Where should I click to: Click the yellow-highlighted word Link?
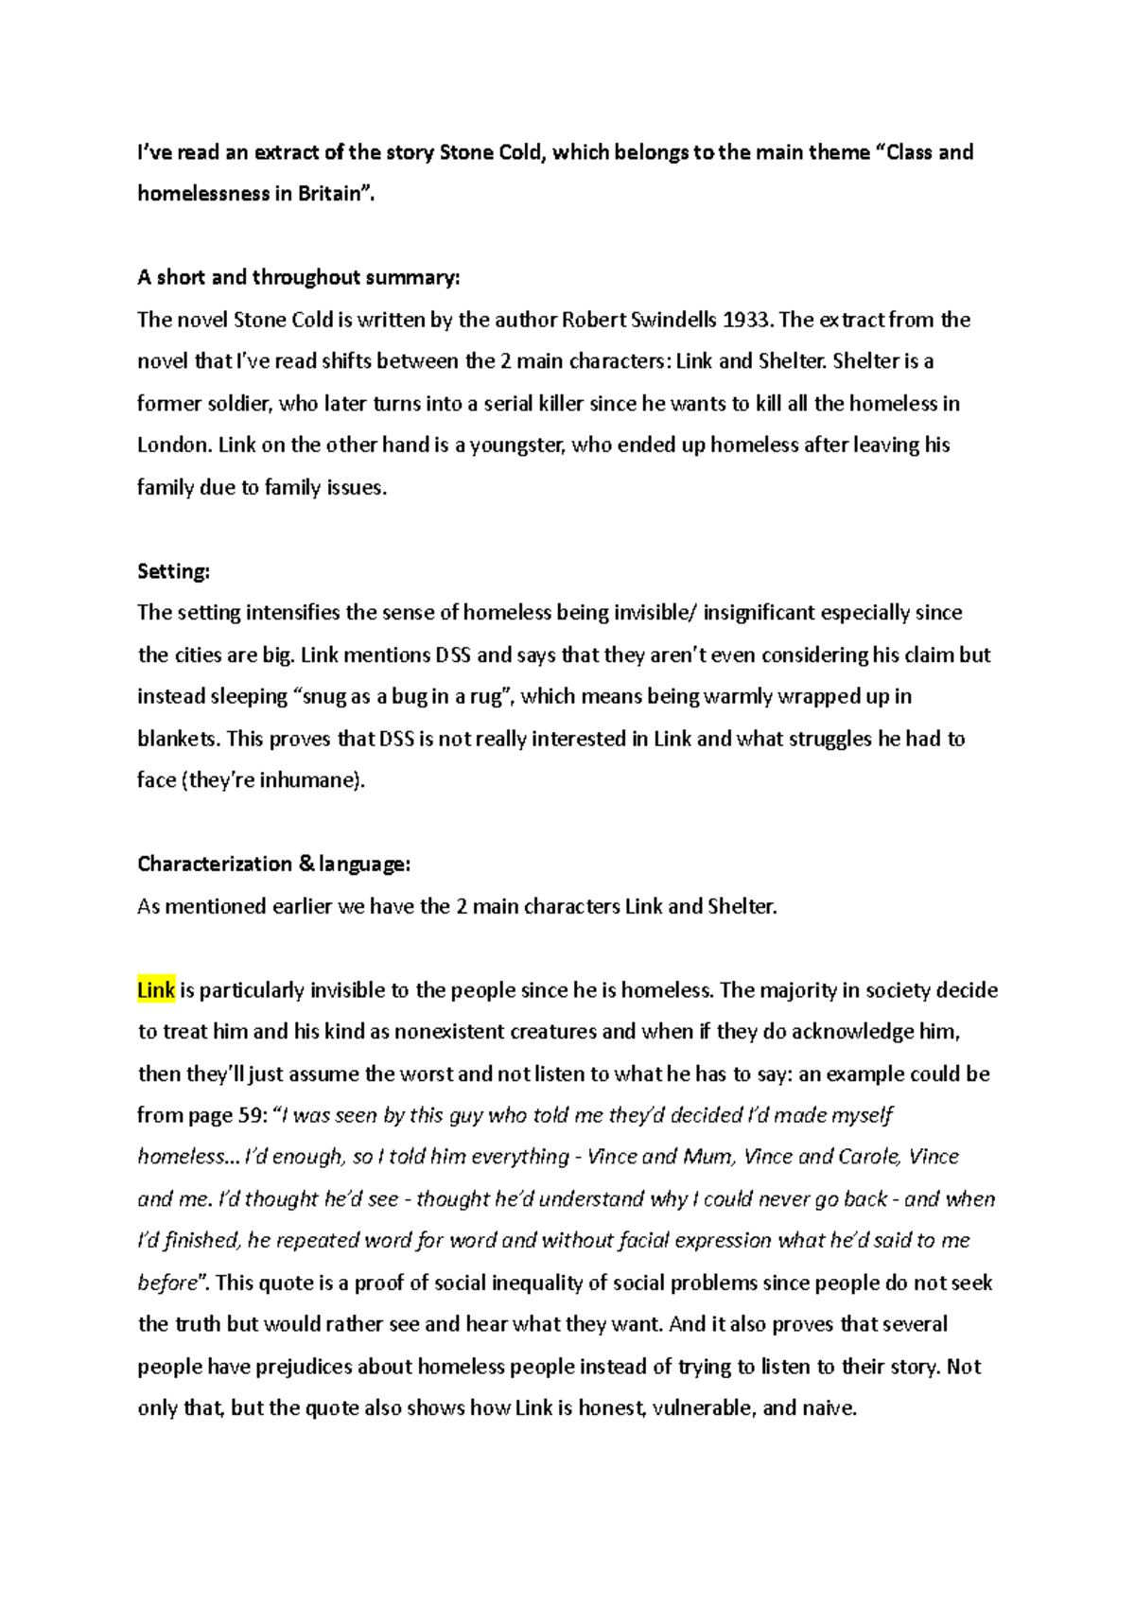click(x=156, y=990)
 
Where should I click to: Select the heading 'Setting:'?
click(x=173, y=571)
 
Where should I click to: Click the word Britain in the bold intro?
click(x=331, y=194)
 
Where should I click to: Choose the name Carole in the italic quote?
click(x=868, y=1157)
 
